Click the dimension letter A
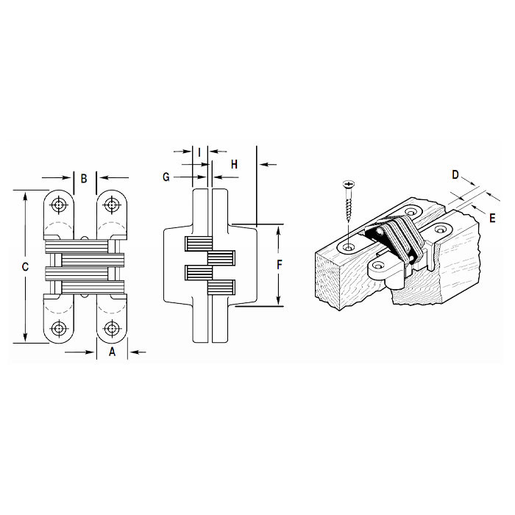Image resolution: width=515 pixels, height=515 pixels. point(112,352)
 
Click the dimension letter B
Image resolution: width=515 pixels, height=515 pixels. point(84,178)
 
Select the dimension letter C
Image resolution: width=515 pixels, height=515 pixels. point(24,267)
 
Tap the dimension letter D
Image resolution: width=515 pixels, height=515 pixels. point(455,174)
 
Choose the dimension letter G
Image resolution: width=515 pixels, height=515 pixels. point(166,177)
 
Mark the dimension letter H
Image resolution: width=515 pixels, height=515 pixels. point(234,164)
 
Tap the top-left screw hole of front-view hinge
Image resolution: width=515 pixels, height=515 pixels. point(59,207)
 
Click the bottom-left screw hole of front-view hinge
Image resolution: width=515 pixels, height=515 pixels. point(59,327)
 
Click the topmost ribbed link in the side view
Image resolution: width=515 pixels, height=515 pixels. point(196,243)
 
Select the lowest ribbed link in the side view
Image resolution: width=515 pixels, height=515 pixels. point(220,287)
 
